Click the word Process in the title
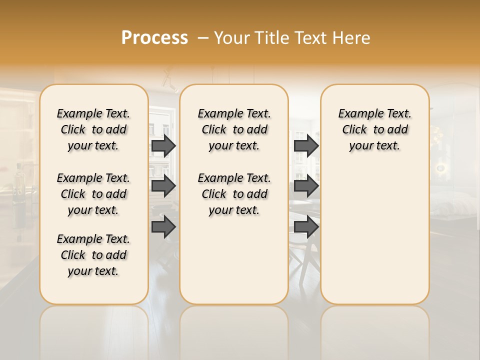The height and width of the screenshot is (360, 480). (154, 38)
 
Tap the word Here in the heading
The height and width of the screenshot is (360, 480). (352, 38)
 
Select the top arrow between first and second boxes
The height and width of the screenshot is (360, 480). (163, 145)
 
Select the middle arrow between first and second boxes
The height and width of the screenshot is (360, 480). (163, 186)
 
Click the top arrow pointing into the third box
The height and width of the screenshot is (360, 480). (306, 145)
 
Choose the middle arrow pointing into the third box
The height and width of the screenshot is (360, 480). (306, 186)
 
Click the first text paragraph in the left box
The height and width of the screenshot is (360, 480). (93, 129)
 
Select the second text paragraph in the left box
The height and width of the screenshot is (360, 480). (93, 194)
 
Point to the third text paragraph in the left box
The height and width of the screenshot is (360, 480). (93, 255)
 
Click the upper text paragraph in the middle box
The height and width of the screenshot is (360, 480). (234, 129)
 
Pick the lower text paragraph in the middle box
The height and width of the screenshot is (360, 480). (234, 194)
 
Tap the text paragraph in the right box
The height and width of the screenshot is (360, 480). (374, 129)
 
